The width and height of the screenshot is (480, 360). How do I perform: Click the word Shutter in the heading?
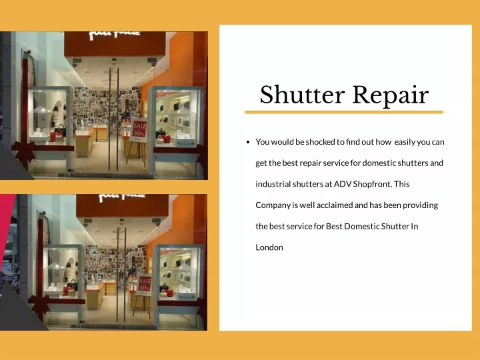pos(303,95)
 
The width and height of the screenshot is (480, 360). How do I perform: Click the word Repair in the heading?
pos(391,95)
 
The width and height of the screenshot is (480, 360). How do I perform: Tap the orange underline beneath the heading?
pos(344,113)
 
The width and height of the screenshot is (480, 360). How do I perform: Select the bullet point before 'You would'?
pos(248,142)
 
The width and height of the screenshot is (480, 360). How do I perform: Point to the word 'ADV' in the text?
pos(342,184)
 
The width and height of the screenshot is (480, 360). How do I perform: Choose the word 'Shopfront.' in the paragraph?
pos(373,184)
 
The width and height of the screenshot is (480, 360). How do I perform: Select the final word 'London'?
pos(269,247)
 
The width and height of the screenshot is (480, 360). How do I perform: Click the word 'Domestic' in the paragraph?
pos(361,226)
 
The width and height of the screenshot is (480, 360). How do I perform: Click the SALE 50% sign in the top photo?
pos(139,130)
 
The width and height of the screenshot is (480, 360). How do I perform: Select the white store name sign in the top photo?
pos(115,35)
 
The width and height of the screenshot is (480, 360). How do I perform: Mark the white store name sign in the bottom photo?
pos(122,197)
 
